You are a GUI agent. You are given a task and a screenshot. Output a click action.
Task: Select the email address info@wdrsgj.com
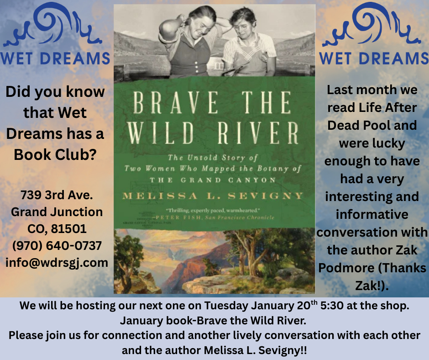[x=57, y=262]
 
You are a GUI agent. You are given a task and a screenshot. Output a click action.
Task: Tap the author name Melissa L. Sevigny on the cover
[x=213, y=196]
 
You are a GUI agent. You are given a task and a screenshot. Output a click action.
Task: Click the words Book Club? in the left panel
[x=55, y=154]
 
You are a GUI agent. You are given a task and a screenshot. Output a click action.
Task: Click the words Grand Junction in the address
[x=57, y=212]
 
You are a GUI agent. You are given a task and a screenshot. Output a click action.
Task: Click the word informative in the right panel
[x=372, y=214]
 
